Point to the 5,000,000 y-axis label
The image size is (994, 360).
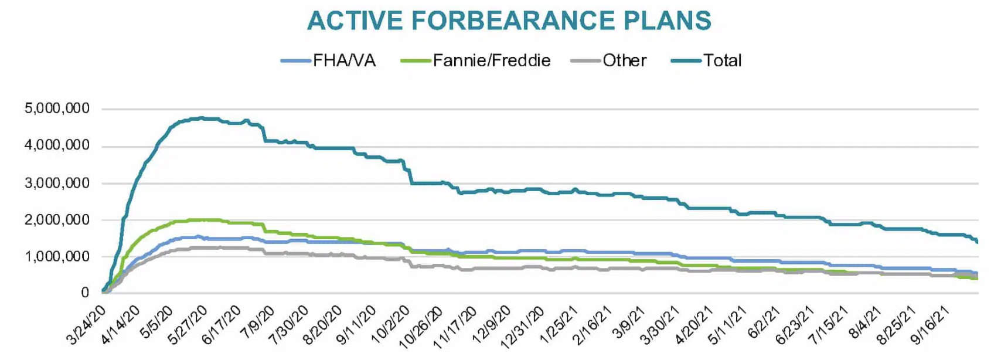tap(57, 108)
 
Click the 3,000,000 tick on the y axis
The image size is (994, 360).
tap(57, 183)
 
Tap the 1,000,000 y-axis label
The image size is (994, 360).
tap(57, 256)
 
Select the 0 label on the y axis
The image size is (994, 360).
tap(85, 293)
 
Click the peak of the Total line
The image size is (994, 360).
tap(202, 118)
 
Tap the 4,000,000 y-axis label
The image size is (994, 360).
tap(57, 145)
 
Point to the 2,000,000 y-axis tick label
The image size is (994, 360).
tap(57, 220)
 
